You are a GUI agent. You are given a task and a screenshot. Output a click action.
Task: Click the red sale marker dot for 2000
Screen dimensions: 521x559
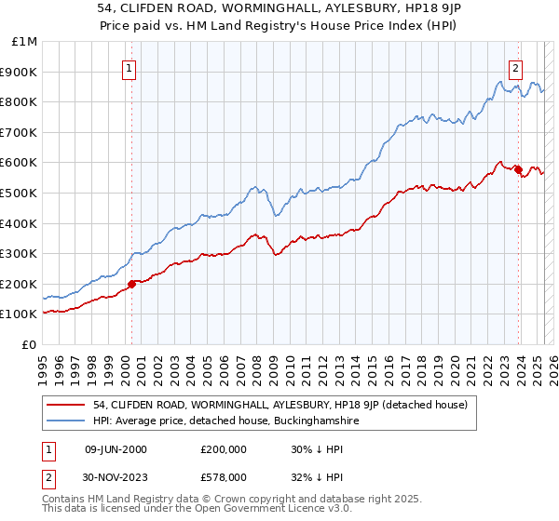pyautogui.click(x=131, y=284)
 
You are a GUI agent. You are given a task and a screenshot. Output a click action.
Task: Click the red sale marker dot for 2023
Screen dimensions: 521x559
pyautogui.click(x=518, y=168)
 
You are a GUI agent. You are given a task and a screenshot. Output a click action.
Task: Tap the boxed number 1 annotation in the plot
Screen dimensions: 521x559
pyautogui.click(x=130, y=67)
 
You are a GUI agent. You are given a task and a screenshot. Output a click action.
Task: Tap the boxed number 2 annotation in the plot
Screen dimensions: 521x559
pyautogui.click(x=515, y=67)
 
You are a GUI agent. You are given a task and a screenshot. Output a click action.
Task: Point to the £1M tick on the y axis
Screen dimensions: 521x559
pyautogui.click(x=25, y=41)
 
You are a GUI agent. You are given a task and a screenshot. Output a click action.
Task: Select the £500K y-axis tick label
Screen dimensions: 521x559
pyautogui.click(x=20, y=193)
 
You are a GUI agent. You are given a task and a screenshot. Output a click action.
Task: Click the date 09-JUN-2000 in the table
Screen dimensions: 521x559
pyautogui.click(x=116, y=448)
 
